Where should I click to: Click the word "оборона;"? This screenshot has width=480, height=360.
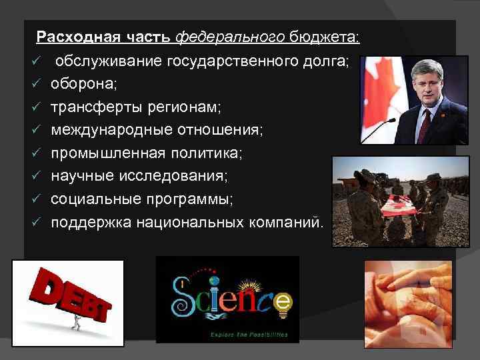[x=84, y=85]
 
